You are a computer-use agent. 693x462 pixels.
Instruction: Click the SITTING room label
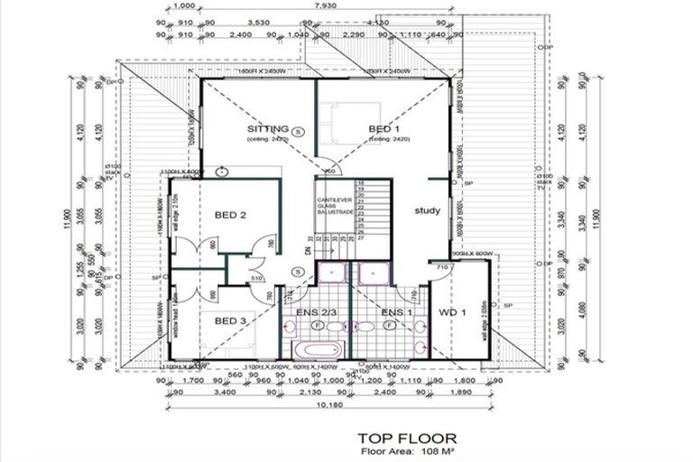click(268, 129)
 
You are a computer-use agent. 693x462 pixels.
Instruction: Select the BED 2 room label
click(231, 215)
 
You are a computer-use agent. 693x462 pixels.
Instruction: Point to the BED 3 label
click(231, 320)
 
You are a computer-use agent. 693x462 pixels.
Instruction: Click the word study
click(427, 211)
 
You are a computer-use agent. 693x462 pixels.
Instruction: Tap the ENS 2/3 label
click(316, 312)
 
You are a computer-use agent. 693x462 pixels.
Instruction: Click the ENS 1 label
click(396, 312)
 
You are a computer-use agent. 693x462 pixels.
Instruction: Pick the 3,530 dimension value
click(259, 22)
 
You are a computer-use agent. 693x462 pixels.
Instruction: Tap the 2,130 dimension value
click(310, 393)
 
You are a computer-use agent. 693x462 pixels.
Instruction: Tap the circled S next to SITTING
click(299, 130)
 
